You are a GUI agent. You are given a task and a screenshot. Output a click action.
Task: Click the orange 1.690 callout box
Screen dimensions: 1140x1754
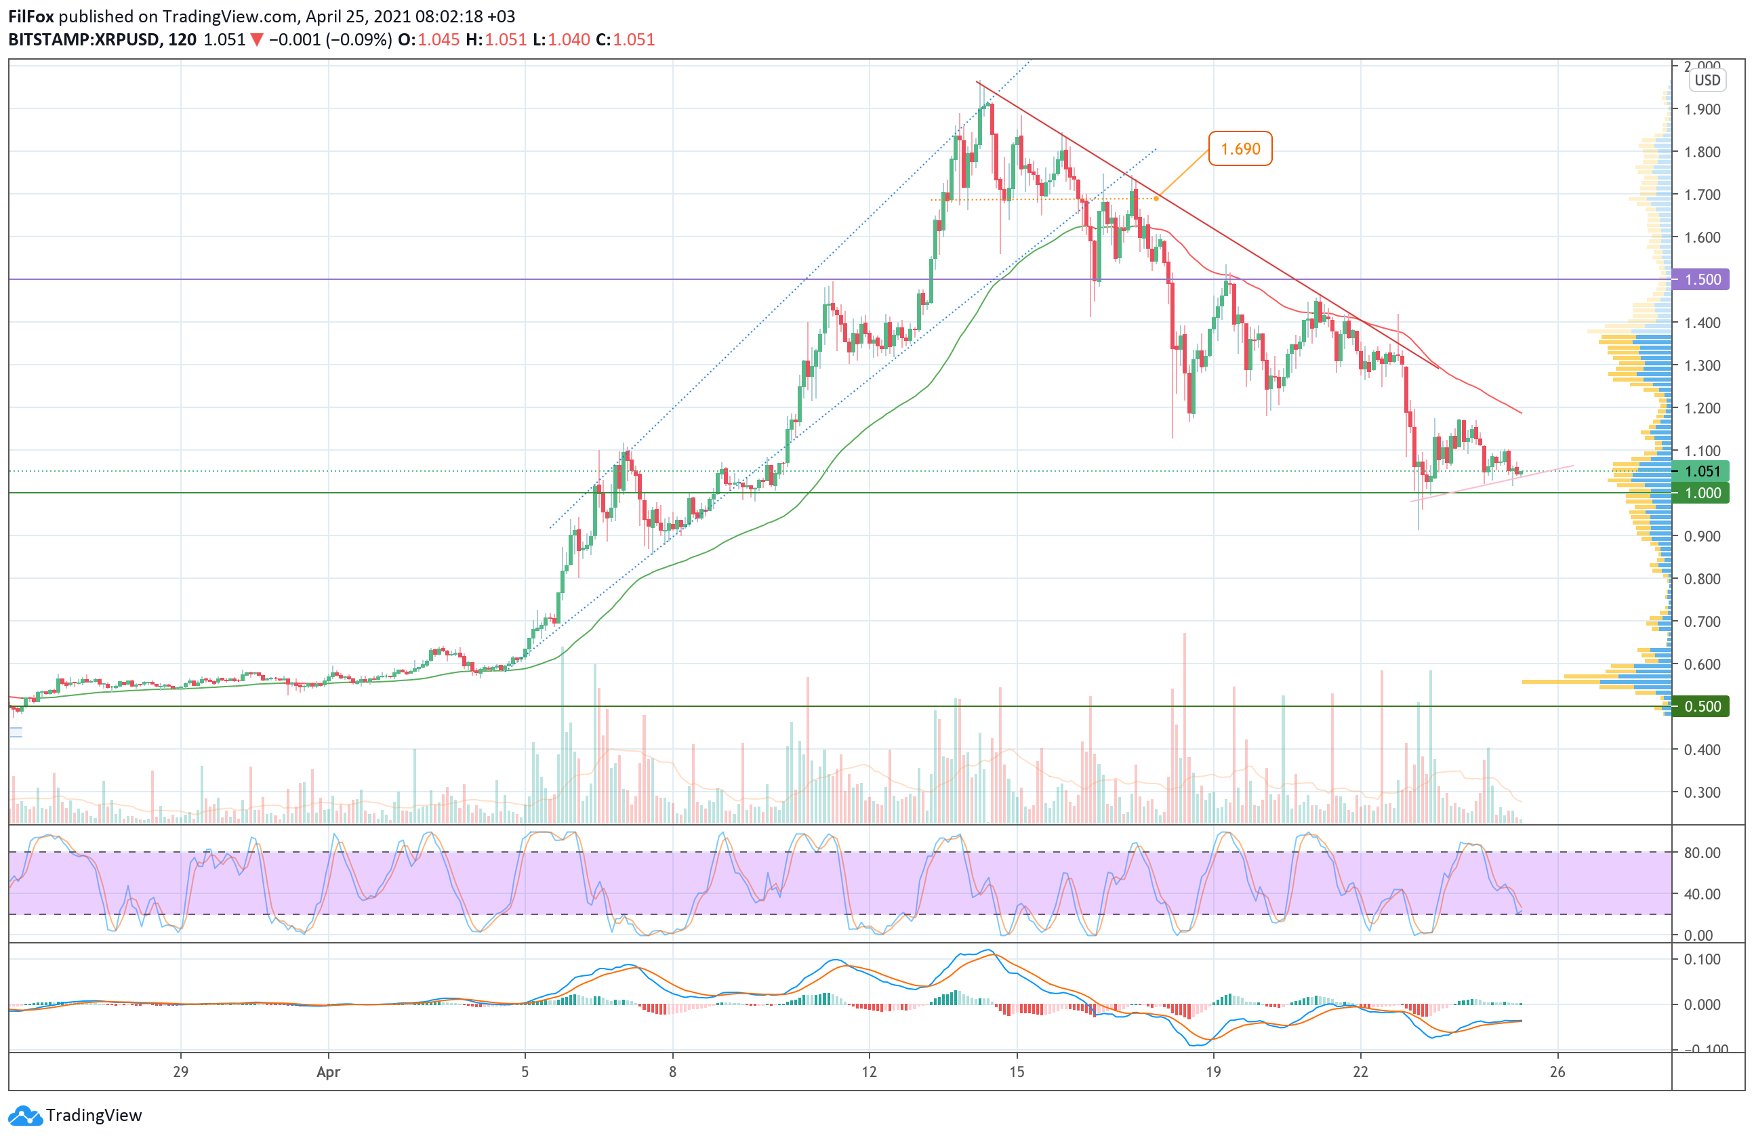(1240, 149)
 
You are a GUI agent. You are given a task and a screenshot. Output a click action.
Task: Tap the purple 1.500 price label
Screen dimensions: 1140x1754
(1702, 280)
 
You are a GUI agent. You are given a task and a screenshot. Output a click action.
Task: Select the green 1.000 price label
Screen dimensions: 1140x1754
(1702, 493)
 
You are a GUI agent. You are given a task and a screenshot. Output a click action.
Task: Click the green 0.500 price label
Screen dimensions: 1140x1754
(1702, 706)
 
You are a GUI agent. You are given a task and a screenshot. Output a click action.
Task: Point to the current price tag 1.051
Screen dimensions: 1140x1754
(1702, 472)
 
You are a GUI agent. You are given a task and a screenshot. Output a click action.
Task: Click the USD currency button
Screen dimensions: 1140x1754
(1707, 81)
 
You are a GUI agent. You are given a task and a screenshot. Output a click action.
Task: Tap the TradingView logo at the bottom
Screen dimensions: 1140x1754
(77, 1115)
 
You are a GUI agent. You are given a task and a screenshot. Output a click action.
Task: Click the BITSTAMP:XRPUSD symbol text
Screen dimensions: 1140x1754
(84, 40)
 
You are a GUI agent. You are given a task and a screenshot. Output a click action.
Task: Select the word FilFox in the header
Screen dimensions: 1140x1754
(31, 16)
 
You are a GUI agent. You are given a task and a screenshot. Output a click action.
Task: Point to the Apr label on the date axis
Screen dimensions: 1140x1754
(328, 1072)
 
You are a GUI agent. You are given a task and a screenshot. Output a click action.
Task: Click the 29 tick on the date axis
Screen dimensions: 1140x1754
(180, 1072)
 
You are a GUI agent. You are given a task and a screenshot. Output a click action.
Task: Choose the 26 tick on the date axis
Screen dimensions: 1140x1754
(1557, 1072)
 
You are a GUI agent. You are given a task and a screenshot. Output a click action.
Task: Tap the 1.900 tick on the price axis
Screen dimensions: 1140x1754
(1702, 109)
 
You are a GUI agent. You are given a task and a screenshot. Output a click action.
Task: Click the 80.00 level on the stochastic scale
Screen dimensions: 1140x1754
(1702, 853)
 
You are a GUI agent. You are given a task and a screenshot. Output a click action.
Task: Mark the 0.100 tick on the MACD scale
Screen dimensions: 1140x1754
(1702, 960)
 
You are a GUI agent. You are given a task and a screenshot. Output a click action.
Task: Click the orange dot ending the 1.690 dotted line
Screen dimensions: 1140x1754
(1156, 198)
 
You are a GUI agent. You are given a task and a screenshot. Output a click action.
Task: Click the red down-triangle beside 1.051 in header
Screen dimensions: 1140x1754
(256, 40)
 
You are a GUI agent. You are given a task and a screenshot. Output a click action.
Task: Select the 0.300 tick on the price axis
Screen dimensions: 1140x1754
(1702, 792)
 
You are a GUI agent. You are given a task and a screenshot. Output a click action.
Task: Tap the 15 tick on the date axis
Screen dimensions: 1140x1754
(1017, 1072)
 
